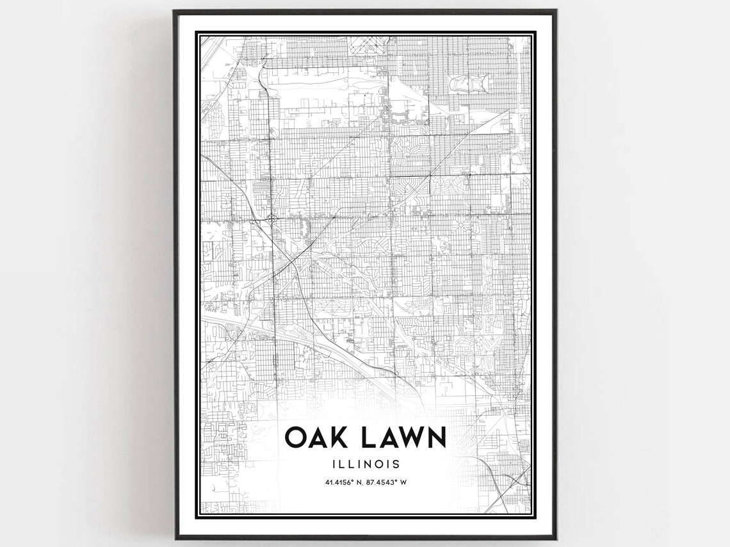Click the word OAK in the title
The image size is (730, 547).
point(316,437)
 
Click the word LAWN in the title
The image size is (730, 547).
point(402,437)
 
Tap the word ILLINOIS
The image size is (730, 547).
point(365,463)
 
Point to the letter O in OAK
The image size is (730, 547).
point(295,437)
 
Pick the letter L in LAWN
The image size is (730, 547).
point(366,437)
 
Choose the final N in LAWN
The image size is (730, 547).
point(435,437)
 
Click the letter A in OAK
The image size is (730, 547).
point(317,437)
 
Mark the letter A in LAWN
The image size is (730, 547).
point(385,437)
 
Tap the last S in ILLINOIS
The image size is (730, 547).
point(397,463)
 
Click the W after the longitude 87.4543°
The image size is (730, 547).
point(403,482)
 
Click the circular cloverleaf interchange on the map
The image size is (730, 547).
point(273,220)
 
